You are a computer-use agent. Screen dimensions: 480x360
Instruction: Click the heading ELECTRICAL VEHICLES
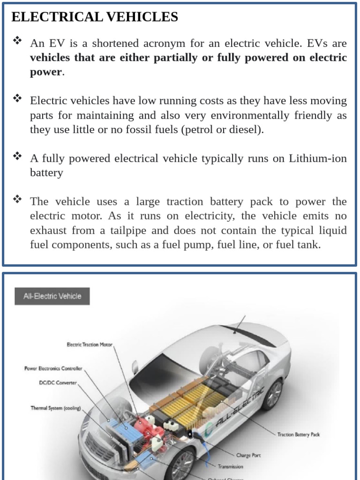coord(95,17)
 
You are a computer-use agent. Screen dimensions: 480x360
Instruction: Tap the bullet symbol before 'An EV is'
coord(17,41)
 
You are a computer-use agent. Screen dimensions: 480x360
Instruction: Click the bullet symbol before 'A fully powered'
coord(17,156)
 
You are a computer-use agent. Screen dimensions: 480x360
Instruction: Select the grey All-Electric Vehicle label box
coord(52,296)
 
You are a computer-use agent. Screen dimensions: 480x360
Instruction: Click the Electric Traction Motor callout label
coord(89,345)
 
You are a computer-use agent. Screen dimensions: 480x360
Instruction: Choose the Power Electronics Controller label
coord(53,368)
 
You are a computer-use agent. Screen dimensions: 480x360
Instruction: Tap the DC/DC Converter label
coord(58,382)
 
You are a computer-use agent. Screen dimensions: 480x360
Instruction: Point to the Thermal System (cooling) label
coord(55,408)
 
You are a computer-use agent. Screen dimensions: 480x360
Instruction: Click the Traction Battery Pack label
coord(298,435)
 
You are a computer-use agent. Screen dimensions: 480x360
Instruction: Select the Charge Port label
coord(248,455)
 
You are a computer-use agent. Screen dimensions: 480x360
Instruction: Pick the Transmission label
coord(230,466)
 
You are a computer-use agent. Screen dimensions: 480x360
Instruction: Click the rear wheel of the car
coord(272,394)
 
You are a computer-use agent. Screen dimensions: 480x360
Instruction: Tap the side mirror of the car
coord(135,367)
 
